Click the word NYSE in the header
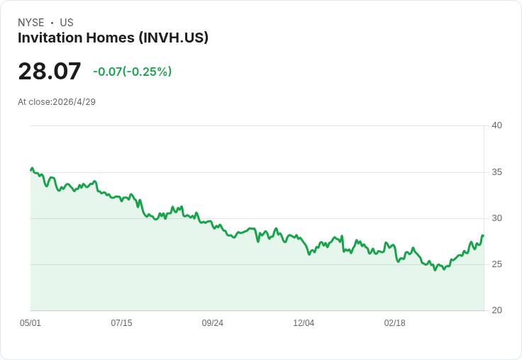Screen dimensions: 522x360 click(31, 23)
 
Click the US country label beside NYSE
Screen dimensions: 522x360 click(67, 23)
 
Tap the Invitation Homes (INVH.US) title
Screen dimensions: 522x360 click(113, 38)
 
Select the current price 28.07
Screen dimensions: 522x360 click(50, 71)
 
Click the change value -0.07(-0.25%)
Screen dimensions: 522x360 click(133, 72)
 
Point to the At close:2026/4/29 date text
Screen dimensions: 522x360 click(57, 102)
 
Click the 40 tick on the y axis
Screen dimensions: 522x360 click(497, 125)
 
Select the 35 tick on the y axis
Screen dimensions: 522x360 click(497, 172)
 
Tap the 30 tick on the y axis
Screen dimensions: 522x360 click(497, 218)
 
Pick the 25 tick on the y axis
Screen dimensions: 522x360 click(497, 264)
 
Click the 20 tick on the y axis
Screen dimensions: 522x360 click(497, 310)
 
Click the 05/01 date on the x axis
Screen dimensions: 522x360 click(30, 323)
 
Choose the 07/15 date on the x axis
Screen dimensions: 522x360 click(121, 323)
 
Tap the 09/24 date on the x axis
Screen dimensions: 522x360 click(212, 323)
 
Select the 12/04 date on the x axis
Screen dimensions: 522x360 click(304, 323)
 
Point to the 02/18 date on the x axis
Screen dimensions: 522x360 click(395, 323)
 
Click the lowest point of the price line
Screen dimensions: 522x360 click(435, 270)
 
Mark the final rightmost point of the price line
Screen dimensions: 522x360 click(483, 235)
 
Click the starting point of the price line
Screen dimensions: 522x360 click(31, 170)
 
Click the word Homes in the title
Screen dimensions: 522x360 click(110, 38)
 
